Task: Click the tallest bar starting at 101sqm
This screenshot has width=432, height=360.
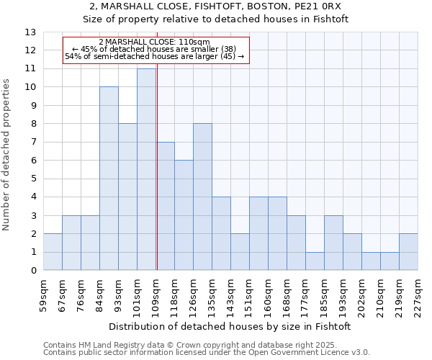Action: click(x=146, y=170)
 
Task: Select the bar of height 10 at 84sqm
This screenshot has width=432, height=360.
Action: click(x=109, y=179)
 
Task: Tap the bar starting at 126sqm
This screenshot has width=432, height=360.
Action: click(x=202, y=197)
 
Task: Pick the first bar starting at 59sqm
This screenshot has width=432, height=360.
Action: click(x=53, y=252)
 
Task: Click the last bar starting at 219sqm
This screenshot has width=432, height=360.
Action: click(x=408, y=252)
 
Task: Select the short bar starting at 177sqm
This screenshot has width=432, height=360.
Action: click(x=315, y=261)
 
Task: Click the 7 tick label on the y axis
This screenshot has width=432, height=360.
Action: click(x=32, y=143)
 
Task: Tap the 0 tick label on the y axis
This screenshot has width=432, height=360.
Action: click(x=32, y=271)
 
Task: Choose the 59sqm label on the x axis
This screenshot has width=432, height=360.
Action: click(x=43, y=292)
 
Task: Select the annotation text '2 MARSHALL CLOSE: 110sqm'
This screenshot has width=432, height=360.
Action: click(x=154, y=42)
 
